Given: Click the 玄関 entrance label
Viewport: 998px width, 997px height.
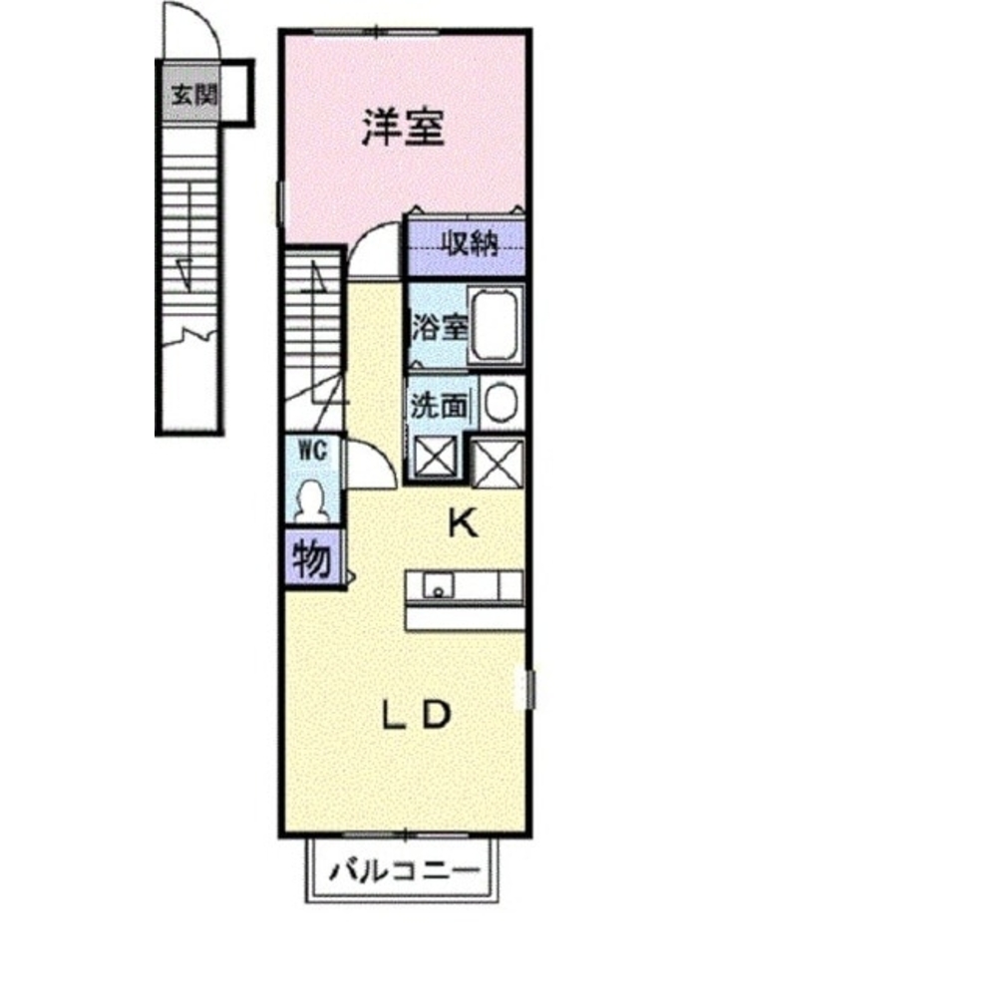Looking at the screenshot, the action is [x=193, y=96].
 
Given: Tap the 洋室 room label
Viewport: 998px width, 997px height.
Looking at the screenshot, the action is [x=403, y=128].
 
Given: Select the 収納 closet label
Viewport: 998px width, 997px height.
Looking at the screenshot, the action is [x=471, y=243].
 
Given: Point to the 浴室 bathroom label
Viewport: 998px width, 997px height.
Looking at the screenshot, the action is [x=439, y=327].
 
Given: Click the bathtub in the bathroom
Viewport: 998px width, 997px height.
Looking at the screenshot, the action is [x=496, y=326].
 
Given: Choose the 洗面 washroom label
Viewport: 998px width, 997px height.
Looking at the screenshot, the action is [x=439, y=406].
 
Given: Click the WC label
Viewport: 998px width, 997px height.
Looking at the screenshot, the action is [x=313, y=452].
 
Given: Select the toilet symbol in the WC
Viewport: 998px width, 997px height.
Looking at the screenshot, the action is [x=313, y=499].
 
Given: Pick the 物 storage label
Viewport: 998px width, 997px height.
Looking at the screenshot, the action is [x=312, y=559].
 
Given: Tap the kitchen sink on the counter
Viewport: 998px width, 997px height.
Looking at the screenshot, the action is [x=438, y=585].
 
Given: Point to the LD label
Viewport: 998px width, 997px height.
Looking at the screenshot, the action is [x=417, y=715].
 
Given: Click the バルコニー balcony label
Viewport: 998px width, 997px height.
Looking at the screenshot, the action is [x=404, y=869].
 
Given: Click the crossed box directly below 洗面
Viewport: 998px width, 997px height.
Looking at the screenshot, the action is [x=436, y=457].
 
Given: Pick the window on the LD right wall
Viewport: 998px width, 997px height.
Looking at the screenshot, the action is [x=529, y=690].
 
